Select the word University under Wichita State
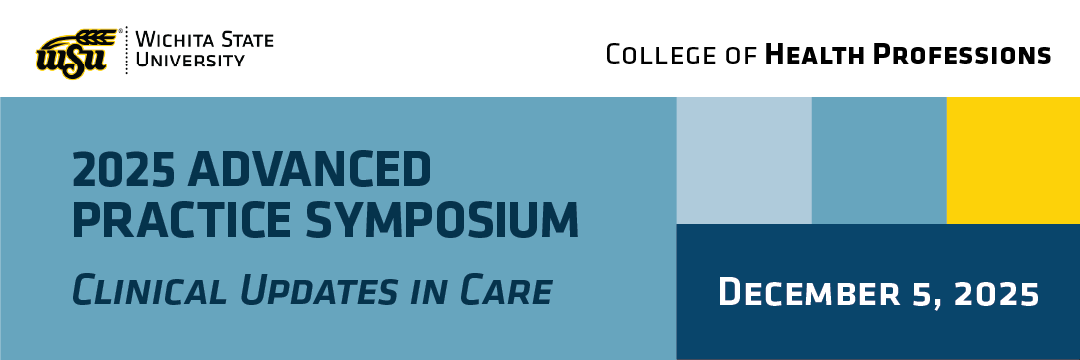(190, 61)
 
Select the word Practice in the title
(183, 219)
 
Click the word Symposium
(442, 219)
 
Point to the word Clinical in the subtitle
(149, 290)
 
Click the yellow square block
(1013, 160)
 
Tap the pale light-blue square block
(744, 160)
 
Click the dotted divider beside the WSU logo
(126, 50)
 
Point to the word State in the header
(246, 40)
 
